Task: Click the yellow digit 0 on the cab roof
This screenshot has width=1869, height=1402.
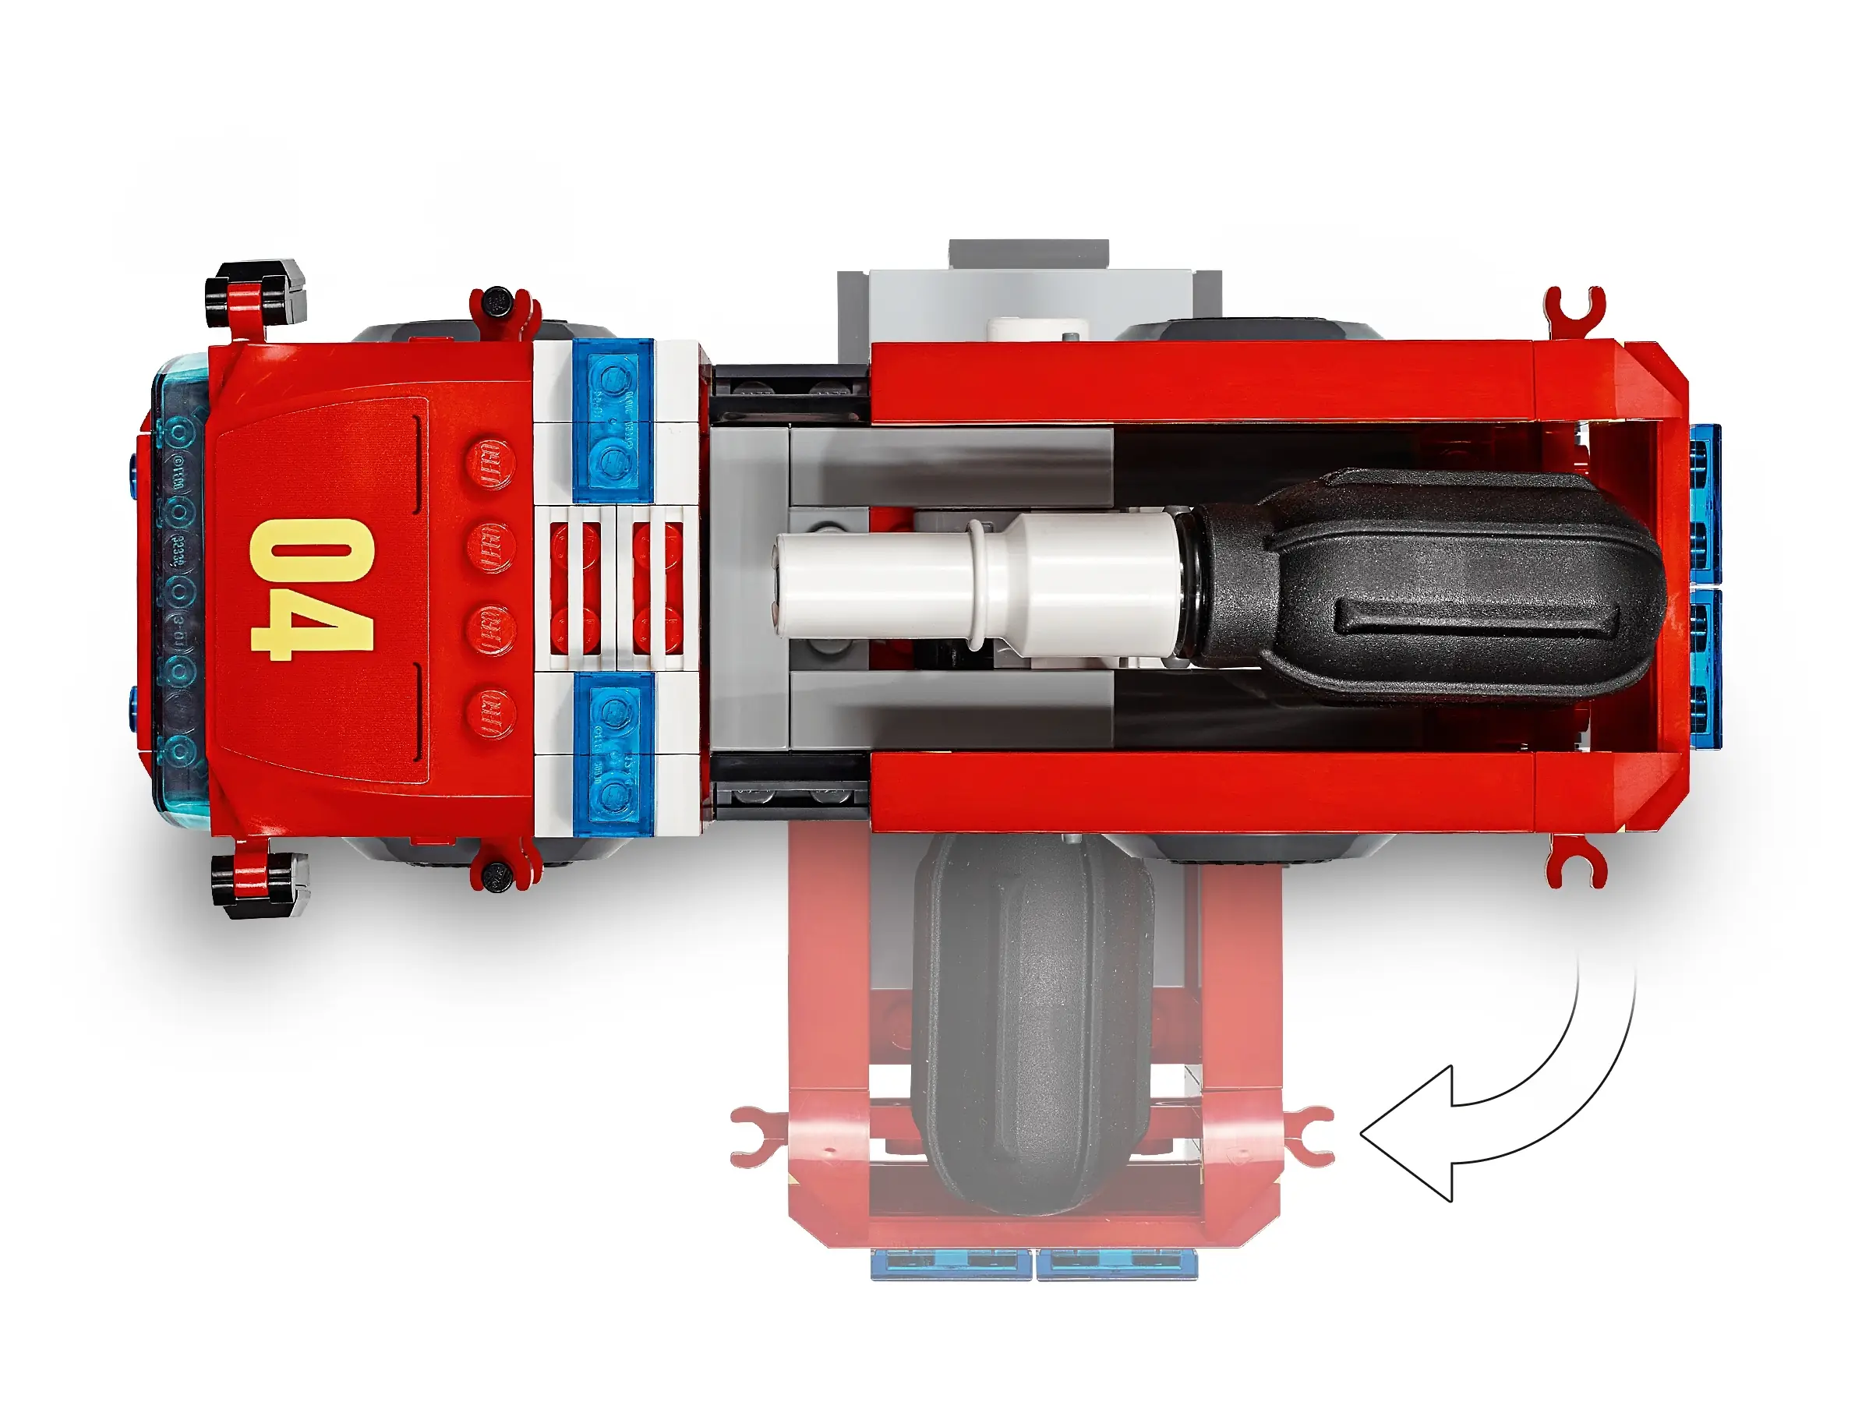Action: click(x=311, y=551)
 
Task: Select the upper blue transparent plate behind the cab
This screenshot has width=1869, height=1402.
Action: click(x=613, y=420)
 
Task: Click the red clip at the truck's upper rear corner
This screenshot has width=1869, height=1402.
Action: click(x=1574, y=310)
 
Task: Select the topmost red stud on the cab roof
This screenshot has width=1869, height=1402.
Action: click(x=490, y=464)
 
